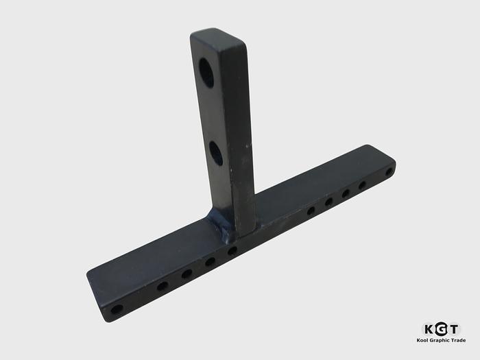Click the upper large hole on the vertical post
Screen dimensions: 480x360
[206, 72]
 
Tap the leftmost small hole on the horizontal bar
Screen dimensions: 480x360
[117, 309]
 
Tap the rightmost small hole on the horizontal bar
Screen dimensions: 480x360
[389, 171]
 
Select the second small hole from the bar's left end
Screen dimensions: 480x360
[163, 287]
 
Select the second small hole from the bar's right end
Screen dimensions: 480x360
[362, 185]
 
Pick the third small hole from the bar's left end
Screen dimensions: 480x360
[187, 274]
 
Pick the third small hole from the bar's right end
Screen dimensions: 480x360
[346, 193]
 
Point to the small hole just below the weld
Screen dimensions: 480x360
[232, 251]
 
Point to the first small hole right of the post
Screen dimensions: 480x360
[311, 211]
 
